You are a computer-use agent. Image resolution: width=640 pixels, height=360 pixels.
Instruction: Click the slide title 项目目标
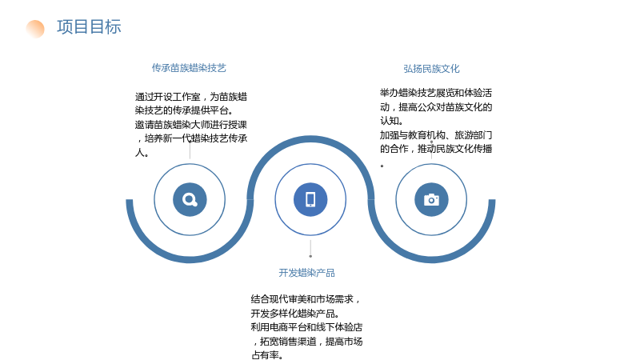tap(89, 27)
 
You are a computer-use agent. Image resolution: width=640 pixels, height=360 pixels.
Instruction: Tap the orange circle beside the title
tap(35, 29)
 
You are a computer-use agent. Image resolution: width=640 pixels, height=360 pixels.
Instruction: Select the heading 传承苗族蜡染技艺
tap(189, 68)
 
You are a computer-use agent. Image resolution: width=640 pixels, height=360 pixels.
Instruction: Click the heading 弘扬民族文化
tap(431, 69)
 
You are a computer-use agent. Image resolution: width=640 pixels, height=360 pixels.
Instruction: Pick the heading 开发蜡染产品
tap(306, 273)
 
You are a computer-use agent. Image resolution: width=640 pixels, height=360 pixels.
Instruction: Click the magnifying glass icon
tap(190, 199)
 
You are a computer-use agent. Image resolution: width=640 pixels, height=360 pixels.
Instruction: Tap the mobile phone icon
tap(310, 199)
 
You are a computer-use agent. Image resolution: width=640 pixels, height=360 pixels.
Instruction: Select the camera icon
tap(431, 199)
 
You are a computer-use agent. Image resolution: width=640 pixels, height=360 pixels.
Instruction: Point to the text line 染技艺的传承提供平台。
tap(185, 110)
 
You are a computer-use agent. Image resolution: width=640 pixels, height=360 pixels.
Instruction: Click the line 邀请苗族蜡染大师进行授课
tap(191, 125)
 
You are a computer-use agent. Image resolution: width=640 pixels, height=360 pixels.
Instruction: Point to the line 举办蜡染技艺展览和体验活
tap(436, 93)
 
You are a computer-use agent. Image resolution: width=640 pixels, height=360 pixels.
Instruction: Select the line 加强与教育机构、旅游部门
tap(436, 134)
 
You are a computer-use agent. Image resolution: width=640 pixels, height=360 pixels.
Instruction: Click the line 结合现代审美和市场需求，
tap(306, 299)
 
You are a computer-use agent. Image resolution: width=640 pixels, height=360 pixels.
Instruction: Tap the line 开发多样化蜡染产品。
tap(295, 314)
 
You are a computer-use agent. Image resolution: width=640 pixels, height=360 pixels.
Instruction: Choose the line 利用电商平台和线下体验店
tap(306, 327)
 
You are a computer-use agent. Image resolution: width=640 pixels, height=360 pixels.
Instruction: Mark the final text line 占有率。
tap(267, 355)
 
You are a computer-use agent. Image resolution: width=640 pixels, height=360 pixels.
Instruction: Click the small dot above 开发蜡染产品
tap(310, 256)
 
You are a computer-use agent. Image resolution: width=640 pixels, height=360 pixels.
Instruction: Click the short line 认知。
tap(392, 121)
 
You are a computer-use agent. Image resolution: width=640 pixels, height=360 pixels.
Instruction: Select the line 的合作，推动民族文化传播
tap(436, 149)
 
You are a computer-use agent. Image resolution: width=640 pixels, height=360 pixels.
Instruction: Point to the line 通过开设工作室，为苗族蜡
tap(191, 97)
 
